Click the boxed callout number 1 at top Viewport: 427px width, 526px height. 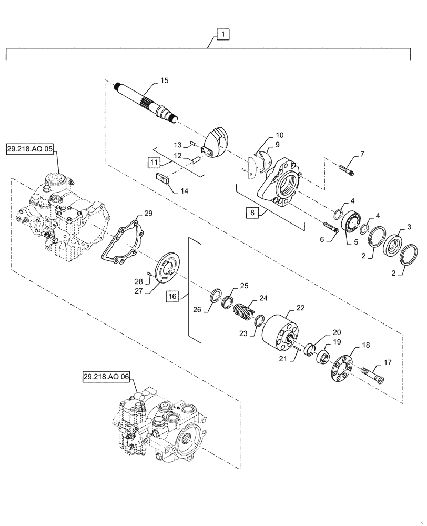(223, 35)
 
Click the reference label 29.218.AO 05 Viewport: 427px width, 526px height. (30, 149)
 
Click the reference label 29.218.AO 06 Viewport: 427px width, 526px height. (106, 377)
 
